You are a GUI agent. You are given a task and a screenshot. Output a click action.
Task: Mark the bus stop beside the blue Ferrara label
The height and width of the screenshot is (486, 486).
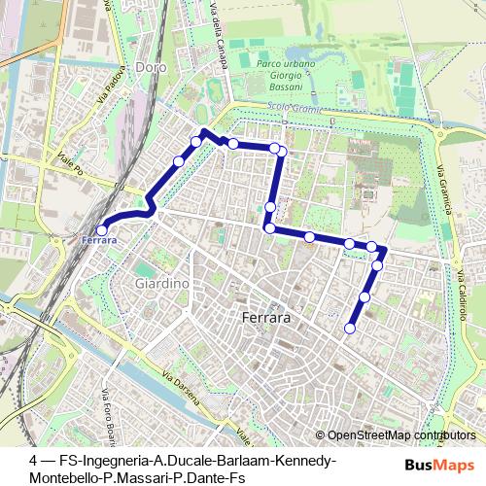[102, 230]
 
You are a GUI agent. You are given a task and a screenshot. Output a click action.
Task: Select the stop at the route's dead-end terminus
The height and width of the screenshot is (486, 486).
[350, 329]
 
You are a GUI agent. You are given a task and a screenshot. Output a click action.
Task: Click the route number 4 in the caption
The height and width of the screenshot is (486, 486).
[34, 460]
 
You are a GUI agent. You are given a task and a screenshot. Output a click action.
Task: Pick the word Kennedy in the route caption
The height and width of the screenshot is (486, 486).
[306, 460]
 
